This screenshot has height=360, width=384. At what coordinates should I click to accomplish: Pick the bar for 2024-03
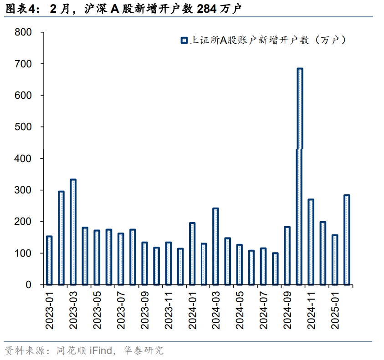[x=215, y=246]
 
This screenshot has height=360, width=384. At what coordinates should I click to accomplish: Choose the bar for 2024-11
[x=311, y=242]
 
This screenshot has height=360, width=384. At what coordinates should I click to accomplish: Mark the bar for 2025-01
[x=335, y=259]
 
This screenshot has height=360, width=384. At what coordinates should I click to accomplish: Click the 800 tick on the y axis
[x=23, y=32]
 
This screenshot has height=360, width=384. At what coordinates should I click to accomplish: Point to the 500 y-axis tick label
[x=23, y=127]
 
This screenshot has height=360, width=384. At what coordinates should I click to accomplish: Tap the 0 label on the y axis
[x=29, y=285]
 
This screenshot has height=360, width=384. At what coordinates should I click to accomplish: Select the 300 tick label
[x=23, y=190]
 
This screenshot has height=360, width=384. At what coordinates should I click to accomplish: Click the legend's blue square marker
[x=184, y=41]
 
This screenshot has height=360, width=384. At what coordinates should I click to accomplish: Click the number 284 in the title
[x=206, y=9]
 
